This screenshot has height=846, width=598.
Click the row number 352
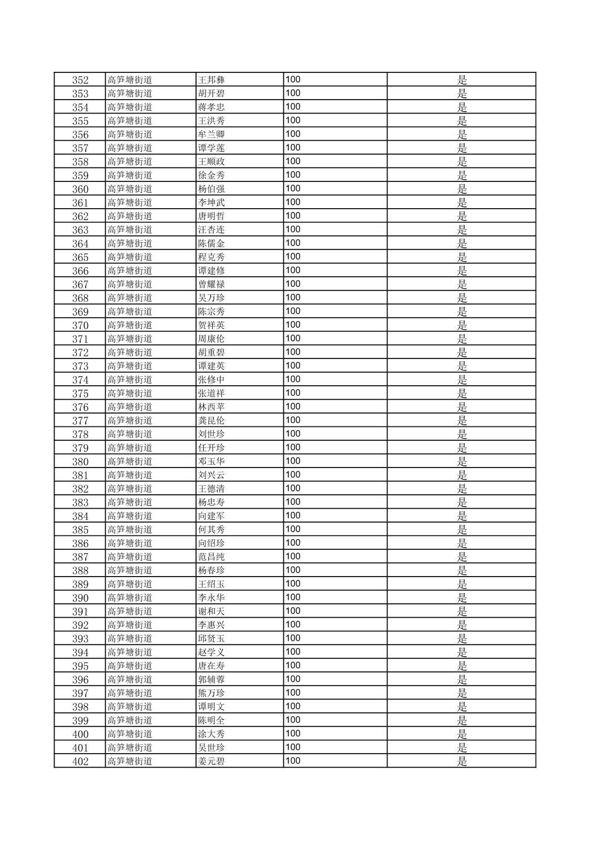80,80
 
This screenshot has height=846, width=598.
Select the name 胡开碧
212,94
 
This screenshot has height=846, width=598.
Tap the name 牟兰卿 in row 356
212,134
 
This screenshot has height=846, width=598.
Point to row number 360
80,189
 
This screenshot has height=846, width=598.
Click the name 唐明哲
212,216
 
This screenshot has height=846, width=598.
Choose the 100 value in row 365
293,257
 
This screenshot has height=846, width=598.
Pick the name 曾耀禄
212,284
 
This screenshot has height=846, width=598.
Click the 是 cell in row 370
462,325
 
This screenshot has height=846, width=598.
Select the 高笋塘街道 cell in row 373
130,366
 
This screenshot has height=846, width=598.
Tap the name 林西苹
212,407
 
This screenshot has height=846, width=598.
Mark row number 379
80,447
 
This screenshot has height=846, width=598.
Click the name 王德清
212,489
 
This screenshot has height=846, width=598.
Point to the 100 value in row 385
293,529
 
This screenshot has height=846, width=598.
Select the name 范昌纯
212,557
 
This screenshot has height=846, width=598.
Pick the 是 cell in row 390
462,598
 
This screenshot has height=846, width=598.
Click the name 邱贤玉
212,638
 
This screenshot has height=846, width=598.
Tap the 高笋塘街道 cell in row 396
130,680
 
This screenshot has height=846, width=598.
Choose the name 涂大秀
212,734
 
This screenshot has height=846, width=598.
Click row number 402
80,761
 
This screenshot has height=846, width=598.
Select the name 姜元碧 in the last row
212,761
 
